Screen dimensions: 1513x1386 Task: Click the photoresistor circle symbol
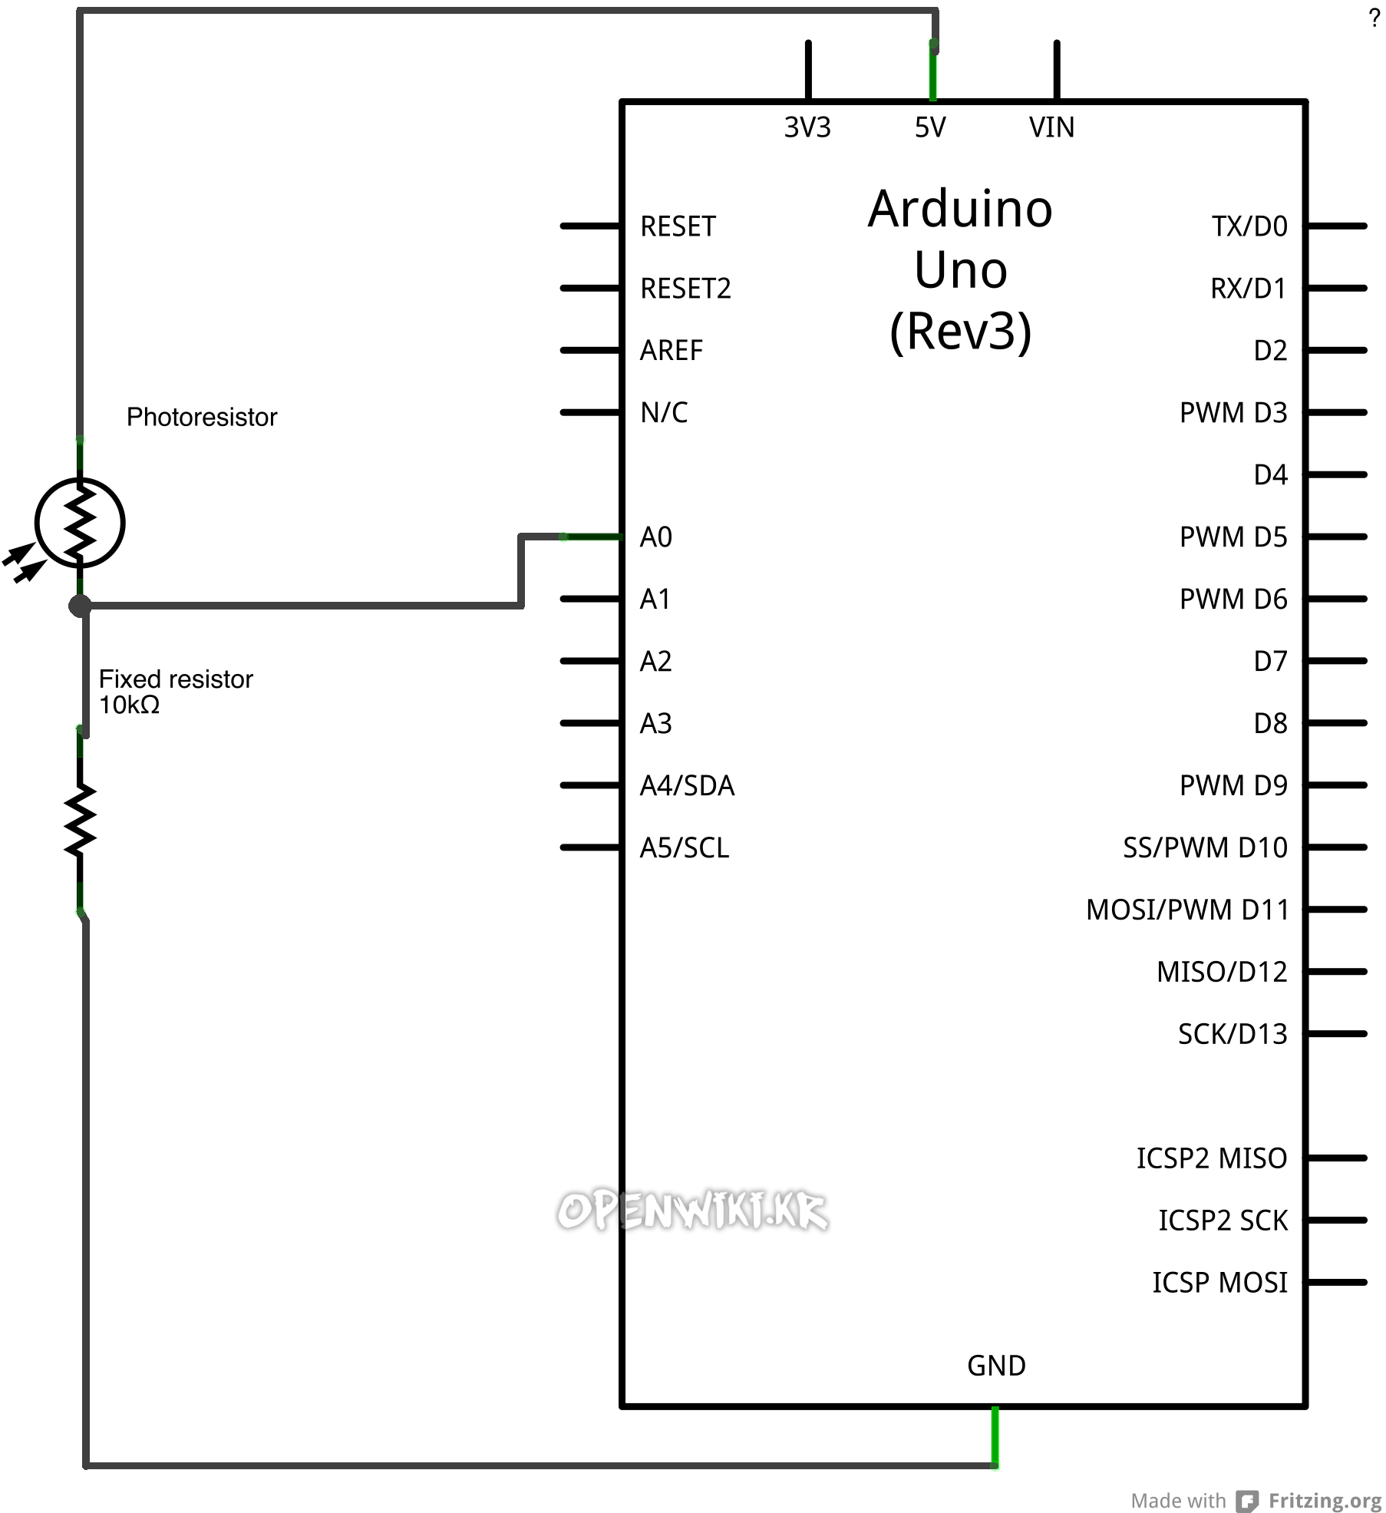(x=80, y=524)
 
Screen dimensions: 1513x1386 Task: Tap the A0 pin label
(x=656, y=537)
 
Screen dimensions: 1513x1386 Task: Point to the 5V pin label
(x=930, y=127)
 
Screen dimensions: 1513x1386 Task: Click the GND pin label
(x=996, y=1366)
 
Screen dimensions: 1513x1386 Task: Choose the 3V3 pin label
(x=807, y=127)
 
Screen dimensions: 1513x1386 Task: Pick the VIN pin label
(x=1051, y=127)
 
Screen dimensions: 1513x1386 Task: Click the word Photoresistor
(x=202, y=417)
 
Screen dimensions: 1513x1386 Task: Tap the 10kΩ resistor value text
(x=130, y=705)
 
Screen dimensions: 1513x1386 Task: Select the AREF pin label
(x=672, y=351)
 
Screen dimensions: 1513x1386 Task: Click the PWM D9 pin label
(x=1233, y=785)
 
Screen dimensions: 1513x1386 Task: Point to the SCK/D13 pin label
(x=1233, y=1034)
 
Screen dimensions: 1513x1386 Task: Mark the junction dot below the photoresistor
(x=80, y=606)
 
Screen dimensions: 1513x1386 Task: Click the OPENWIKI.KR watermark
(x=692, y=1211)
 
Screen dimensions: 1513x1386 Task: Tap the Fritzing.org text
(x=1325, y=1500)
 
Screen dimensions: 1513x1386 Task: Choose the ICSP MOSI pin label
(x=1219, y=1283)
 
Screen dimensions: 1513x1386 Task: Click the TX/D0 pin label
(x=1249, y=226)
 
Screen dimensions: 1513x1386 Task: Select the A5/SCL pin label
(x=685, y=847)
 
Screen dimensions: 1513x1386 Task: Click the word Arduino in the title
(x=960, y=209)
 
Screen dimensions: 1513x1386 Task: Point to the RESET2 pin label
(x=685, y=289)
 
